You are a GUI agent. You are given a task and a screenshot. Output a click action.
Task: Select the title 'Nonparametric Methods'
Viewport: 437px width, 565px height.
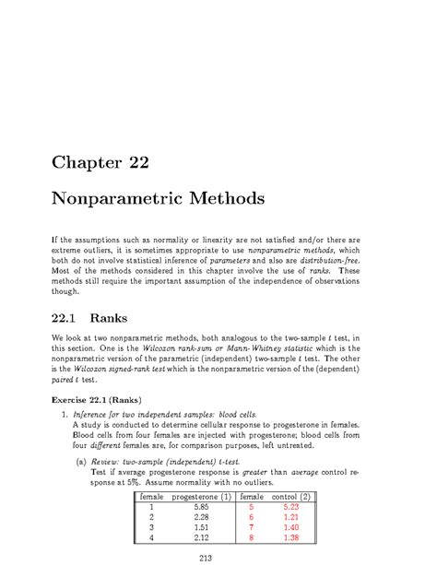(171, 198)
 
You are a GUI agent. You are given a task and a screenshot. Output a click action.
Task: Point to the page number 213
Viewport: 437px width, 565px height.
(218, 556)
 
